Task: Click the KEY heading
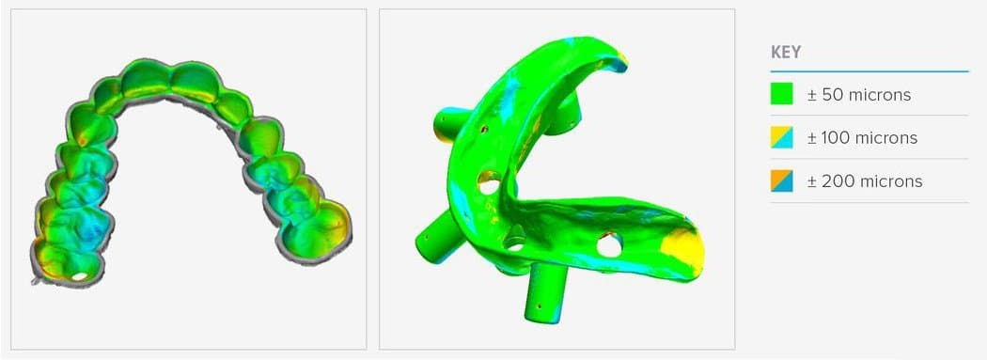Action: [786, 53]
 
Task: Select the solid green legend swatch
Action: [782, 94]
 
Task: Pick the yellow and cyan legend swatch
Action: [782, 137]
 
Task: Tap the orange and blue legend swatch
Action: [782, 181]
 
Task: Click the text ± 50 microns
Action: [859, 95]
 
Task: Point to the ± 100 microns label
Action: [862, 138]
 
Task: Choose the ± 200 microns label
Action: [865, 181]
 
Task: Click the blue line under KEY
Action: [869, 71]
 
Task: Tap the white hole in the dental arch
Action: [79, 275]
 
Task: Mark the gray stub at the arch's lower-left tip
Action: [36, 279]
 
